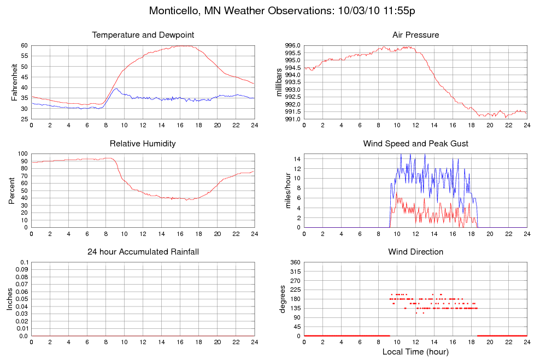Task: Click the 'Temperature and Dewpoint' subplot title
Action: [x=143, y=35]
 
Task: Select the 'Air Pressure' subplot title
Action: [x=415, y=35]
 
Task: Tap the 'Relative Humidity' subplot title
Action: [x=143, y=144]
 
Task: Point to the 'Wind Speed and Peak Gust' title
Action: [x=415, y=144]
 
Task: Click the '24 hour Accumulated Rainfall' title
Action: [x=143, y=252]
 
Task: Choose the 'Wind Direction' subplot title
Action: [x=415, y=252]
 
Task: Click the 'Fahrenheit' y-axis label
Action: [x=15, y=82]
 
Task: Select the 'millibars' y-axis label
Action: [x=279, y=82]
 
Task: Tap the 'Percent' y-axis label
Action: [x=11, y=191]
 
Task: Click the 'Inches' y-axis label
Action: [x=10, y=299]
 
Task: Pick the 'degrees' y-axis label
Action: [x=283, y=299]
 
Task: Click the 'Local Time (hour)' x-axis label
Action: [x=415, y=351]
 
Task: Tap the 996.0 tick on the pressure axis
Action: [x=292, y=45]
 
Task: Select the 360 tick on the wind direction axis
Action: [x=295, y=263]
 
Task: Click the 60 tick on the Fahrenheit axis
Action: [x=24, y=45]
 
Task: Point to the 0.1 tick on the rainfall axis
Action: [x=24, y=263]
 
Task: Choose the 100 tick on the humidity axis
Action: [x=22, y=154]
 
